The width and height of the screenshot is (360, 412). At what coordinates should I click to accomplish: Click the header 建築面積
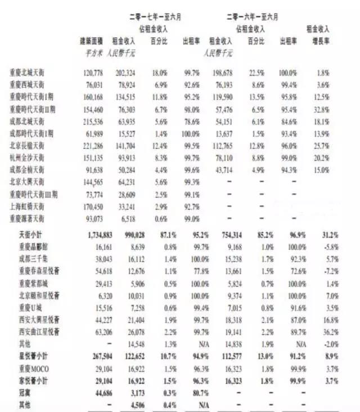[x=92, y=41]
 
